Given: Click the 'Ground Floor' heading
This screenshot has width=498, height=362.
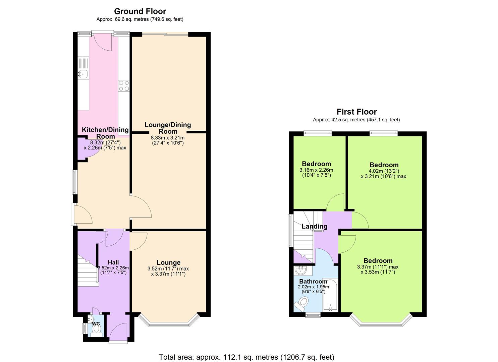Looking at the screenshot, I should (x=140, y=11).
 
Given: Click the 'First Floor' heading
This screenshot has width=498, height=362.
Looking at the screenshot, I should (x=356, y=112).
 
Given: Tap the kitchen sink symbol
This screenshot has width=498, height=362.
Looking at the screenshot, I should (x=82, y=74).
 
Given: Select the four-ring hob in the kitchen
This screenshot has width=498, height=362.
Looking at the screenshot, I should (x=124, y=85).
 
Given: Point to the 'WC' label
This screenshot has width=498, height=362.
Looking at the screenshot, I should (x=96, y=324).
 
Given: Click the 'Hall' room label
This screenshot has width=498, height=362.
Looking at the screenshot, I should (x=113, y=262).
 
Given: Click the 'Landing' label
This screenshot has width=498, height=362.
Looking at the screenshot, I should (x=314, y=226).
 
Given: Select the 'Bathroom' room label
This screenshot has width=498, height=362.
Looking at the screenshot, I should (x=313, y=281).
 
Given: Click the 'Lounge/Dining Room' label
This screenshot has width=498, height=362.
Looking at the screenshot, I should (x=168, y=128).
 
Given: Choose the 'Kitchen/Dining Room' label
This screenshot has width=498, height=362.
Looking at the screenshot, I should (x=105, y=133).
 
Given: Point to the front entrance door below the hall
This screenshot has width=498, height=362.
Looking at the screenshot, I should (x=118, y=334).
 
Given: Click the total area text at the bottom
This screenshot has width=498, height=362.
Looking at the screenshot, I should (x=246, y=357).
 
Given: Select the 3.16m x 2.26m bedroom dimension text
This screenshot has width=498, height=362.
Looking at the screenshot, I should (x=316, y=173).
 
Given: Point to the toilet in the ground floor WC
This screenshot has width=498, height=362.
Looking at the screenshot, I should (x=97, y=329).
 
